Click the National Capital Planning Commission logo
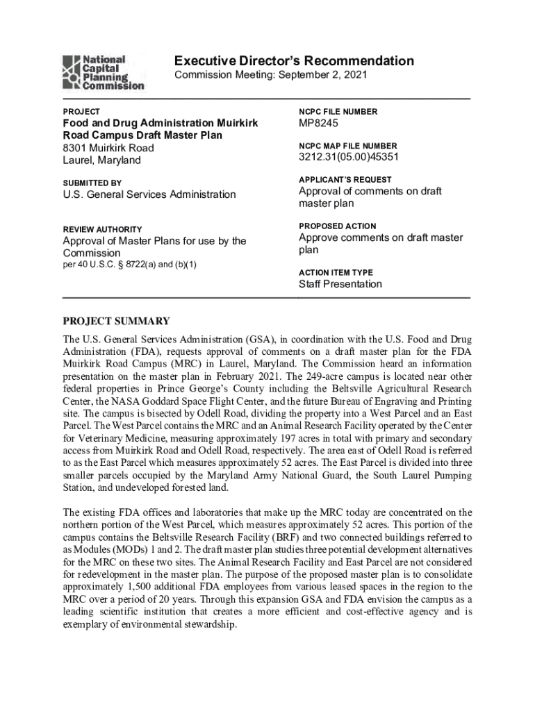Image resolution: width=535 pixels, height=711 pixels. pyautogui.click(x=104, y=73)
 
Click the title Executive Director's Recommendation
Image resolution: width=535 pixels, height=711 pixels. pyautogui.click(x=294, y=61)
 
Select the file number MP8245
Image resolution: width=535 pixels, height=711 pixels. pyautogui.click(x=318, y=124)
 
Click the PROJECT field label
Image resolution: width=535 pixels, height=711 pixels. pyautogui.click(x=81, y=111)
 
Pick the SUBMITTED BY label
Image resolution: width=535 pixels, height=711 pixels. pyautogui.click(x=92, y=183)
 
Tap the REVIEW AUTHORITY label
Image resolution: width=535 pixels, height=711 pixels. pyautogui.click(x=103, y=229)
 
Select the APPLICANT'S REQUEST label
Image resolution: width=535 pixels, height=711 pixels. pyautogui.click(x=345, y=180)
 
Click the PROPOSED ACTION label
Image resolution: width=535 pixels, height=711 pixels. pyautogui.click(x=338, y=226)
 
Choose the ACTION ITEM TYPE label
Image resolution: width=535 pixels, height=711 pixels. pyautogui.click(x=336, y=273)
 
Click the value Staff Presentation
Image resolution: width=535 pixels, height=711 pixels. pyautogui.click(x=340, y=284)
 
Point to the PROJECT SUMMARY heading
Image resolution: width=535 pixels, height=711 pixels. pyautogui.click(x=117, y=321)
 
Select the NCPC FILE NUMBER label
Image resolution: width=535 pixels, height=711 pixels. pyautogui.click(x=338, y=112)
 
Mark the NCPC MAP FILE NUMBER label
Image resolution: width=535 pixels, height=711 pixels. pyautogui.click(x=348, y=146)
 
